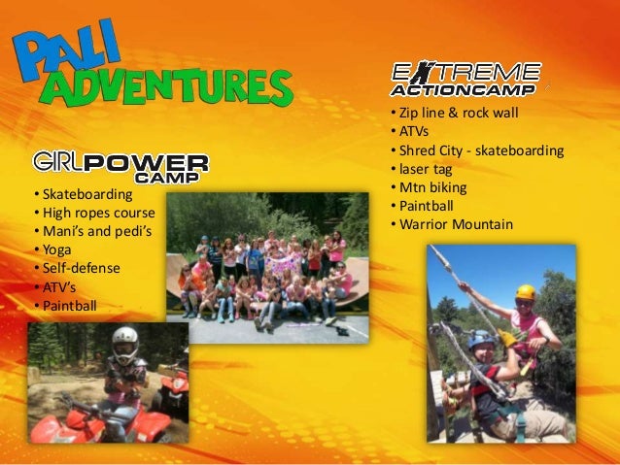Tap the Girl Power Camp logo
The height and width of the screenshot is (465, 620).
121,166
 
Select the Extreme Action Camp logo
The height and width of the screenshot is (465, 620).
465,80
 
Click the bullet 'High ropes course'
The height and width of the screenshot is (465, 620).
93,213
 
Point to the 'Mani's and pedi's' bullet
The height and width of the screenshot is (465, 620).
93,231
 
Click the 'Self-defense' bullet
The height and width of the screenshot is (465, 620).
79,267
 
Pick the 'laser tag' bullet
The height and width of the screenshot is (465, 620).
429,169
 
